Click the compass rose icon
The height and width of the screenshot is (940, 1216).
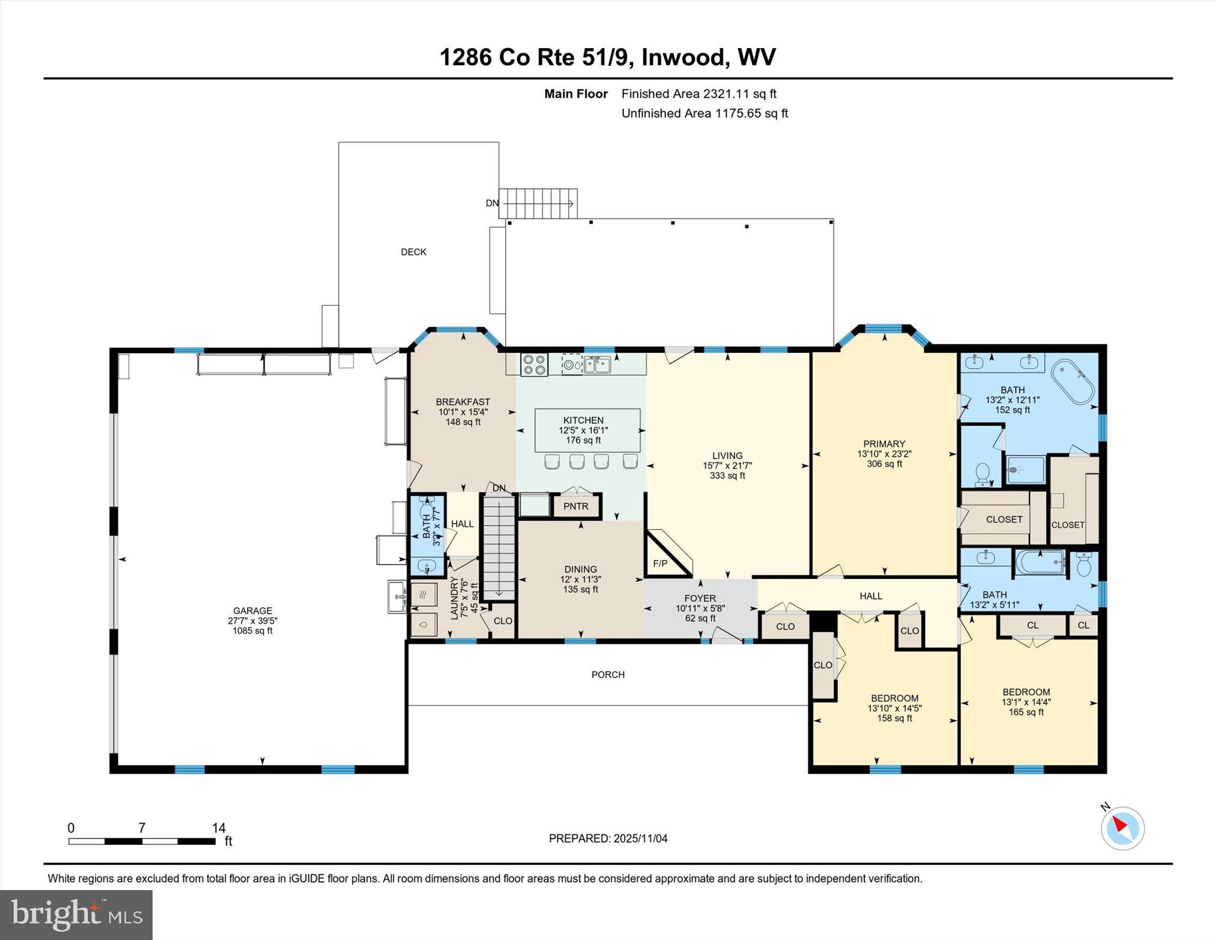coord(1122,828)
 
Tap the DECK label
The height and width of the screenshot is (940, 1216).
coord(413,252)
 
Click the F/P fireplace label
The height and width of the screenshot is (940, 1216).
coord(660,564)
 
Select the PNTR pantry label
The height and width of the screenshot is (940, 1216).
coord(575,506)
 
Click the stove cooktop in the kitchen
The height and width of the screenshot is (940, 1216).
coord(534,364)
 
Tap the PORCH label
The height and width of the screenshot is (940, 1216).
coord(607,675)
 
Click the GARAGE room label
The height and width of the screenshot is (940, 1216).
coord(252,610)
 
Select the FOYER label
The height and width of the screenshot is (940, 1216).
coord(699,598)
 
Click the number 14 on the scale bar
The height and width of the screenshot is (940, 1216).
coord(218,828)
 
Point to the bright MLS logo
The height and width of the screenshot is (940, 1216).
coord(76,914)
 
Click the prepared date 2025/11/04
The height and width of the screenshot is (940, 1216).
coord(640,838)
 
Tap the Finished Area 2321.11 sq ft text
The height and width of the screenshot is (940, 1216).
coord(698,94)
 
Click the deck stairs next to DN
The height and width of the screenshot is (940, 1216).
coord(538,204)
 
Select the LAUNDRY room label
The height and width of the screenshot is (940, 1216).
coord(455,598)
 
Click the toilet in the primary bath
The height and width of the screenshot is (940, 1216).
coord(982,474)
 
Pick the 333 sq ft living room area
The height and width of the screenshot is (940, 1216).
coord(727,476)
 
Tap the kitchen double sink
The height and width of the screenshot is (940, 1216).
coord(597,364)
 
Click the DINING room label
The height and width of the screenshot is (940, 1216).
coord(580,569)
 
